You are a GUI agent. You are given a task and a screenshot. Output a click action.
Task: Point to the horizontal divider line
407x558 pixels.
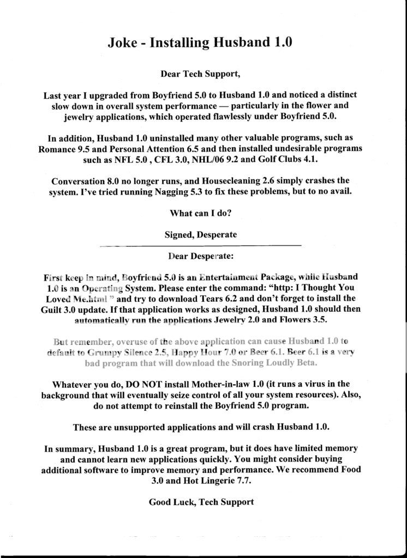[x=200, y=246]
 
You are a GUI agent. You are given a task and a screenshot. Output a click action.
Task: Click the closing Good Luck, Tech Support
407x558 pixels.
[x=201, y=502]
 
